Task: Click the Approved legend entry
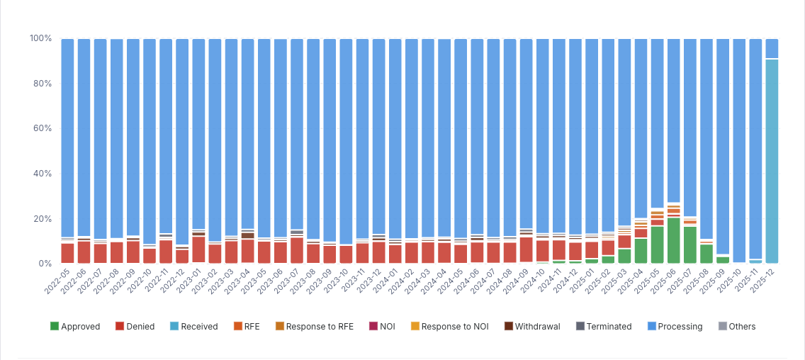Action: coord(75,327)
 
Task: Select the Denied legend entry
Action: coord(135,327)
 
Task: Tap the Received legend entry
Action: coord(193,327)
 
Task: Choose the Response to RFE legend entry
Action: coord(313,327)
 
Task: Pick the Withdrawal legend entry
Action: coord(532,327)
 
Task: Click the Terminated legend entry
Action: coord(604,327)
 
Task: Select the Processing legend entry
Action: coord(675,327)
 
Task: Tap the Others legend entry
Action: coord(736,327)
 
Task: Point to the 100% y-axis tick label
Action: coord(40,38)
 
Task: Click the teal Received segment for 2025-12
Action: coord(772,161)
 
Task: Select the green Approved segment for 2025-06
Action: coord(673,240)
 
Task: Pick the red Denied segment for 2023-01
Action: coord(198,249)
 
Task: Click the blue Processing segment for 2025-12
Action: coord(772,48)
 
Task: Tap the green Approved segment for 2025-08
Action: coord(706,254)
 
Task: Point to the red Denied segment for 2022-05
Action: coord(67,253)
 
